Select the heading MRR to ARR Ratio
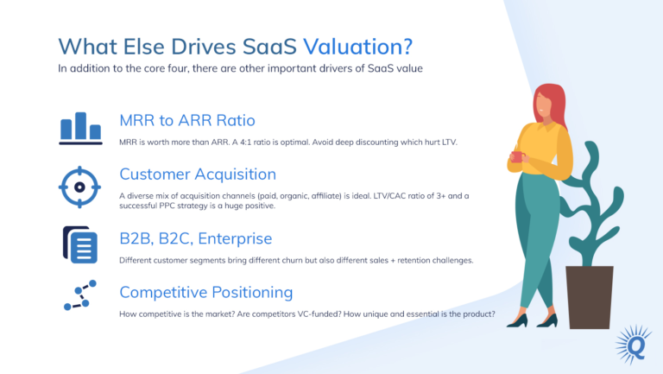[x=187, y=120]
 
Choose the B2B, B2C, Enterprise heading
[x=196, y=238]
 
